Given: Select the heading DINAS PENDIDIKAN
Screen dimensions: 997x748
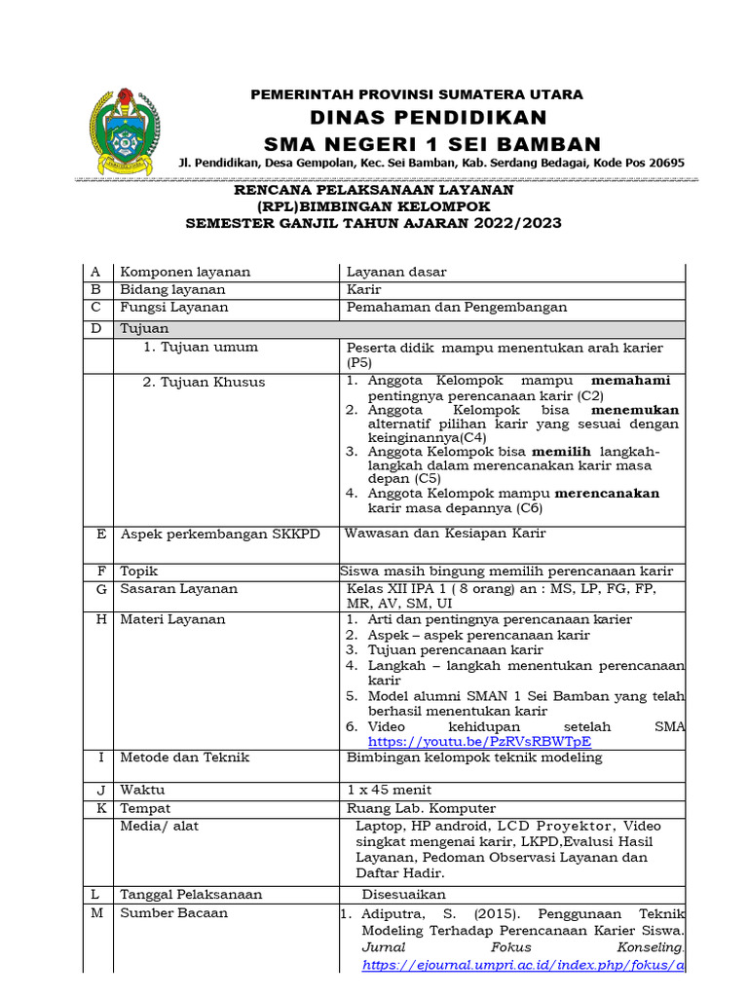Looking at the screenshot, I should pyautogui.click(x=416, y=118).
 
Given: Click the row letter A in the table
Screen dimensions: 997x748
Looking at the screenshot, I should pyautogui.click(x=96, y=273).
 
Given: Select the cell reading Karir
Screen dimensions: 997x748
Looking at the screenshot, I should pyautogui.click(x=364, y=290).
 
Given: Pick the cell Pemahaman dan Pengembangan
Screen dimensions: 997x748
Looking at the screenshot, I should pyautogui.click(x=457, y=308).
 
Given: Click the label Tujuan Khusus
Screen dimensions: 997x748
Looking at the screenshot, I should pyautogui.click(x=204, y=383).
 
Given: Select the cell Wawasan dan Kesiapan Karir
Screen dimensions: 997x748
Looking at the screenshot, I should pyautogui.click(x=446, y=534).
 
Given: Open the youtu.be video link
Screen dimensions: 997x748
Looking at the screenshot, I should pyautogui.click(x=478, y=741).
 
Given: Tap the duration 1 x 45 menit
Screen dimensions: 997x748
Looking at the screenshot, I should pyautogui.click(x=389, y=790).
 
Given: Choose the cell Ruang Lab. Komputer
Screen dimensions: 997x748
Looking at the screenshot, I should pyautogui.click(x=421, y=808).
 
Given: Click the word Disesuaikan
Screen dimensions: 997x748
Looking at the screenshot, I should pyautogui.click(x=403, y=894).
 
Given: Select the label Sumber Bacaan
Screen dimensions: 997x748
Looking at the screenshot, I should pyautogui.click(x=173, y=912).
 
